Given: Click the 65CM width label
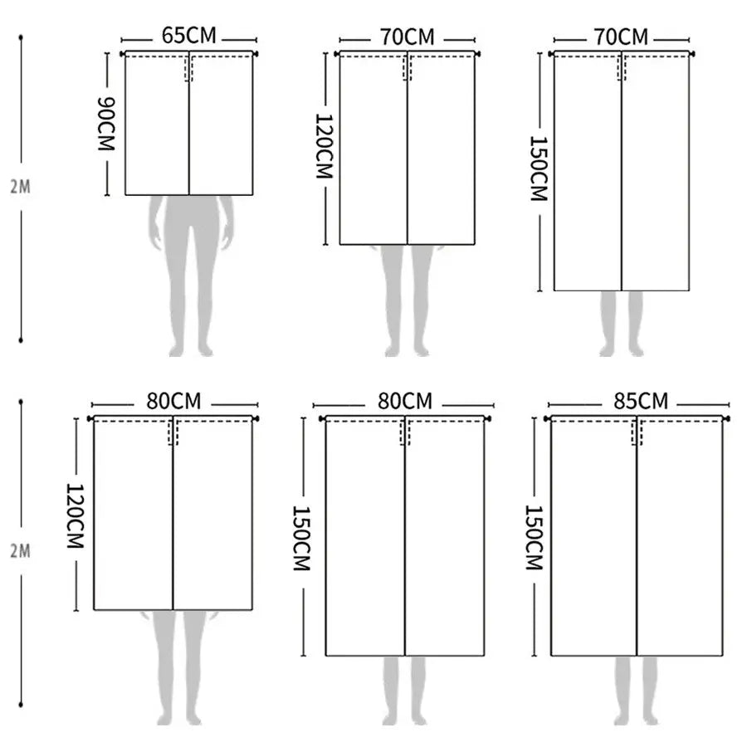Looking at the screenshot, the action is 188,36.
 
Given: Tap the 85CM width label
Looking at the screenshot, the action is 641,401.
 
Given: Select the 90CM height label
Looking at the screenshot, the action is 106,124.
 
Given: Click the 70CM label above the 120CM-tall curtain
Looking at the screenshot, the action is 407,37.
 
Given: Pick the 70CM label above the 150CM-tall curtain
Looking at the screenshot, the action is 621,37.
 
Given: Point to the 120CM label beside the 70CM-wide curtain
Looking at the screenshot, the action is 325,146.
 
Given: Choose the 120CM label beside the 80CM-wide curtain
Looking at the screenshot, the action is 76,516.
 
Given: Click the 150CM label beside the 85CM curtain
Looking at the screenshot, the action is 534,537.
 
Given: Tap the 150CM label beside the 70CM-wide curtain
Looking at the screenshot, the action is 539,168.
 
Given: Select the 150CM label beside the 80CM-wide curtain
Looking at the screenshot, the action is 301,539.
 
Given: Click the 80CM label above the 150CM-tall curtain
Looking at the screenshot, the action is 405,402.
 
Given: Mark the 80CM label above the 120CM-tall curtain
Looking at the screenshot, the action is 173,401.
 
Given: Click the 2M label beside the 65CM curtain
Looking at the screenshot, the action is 21,187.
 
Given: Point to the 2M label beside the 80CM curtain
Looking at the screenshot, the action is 21,551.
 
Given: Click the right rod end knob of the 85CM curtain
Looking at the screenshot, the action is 726,419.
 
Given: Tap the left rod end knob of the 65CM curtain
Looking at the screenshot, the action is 123,54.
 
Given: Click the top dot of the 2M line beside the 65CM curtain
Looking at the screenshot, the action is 21,37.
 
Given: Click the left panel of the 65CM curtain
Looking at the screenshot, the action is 157,124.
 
